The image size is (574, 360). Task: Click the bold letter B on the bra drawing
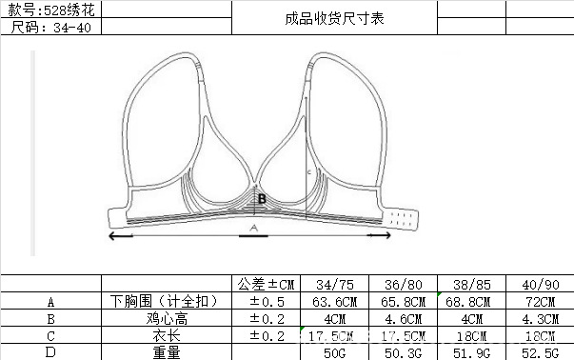coord(262,199)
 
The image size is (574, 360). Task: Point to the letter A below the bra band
coord(253,229)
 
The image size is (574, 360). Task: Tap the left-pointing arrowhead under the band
coord(113,234)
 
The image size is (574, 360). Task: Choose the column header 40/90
coord(542,284)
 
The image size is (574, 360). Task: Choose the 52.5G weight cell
coord(542,352)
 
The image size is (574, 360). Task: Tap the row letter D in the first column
coord(50,352)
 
